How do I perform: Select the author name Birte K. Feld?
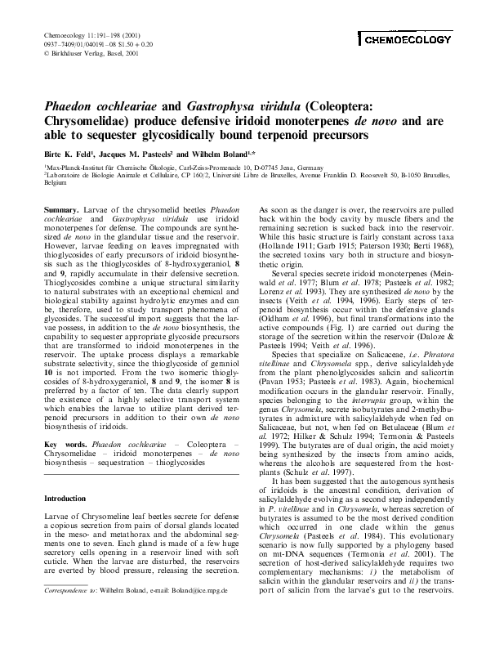coord(66,153)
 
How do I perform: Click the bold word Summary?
coord(60,211)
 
